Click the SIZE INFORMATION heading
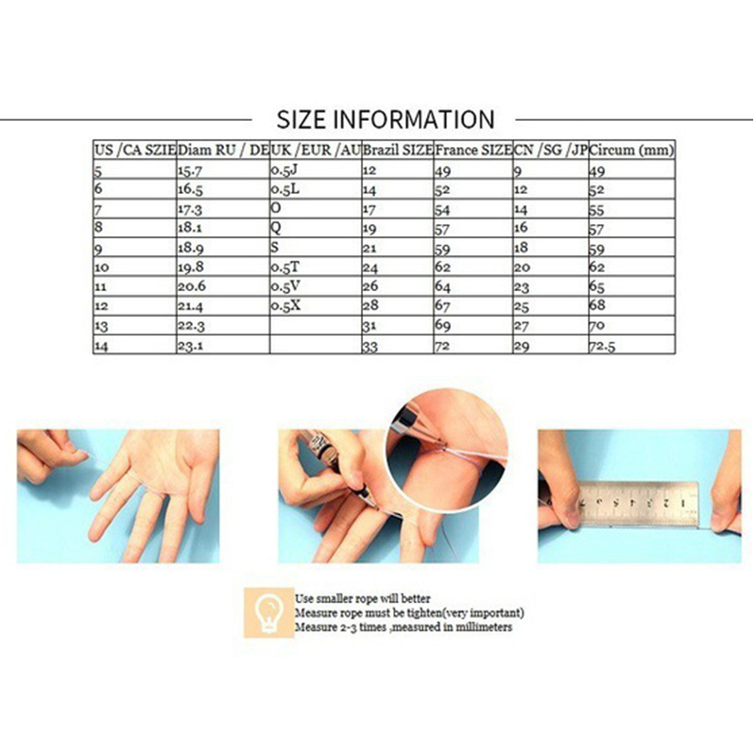coord(386,119)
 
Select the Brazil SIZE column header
coord(398,150)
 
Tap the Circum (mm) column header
coord(631,150)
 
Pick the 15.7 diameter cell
coord(190,171)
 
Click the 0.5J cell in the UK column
coord(284,170)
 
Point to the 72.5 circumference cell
coord(602,346)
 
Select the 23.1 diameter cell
coord(191,346)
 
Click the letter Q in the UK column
coord(276,227)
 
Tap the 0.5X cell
coord(285,305)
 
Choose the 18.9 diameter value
coord(191,248)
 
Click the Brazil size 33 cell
coord(370,346)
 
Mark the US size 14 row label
coord(101,346)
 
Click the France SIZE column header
coord(473,150)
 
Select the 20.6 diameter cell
coord(192,286)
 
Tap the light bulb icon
coord(268,613)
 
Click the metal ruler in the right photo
coord(639,504)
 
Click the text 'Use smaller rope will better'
coord(363,599)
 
